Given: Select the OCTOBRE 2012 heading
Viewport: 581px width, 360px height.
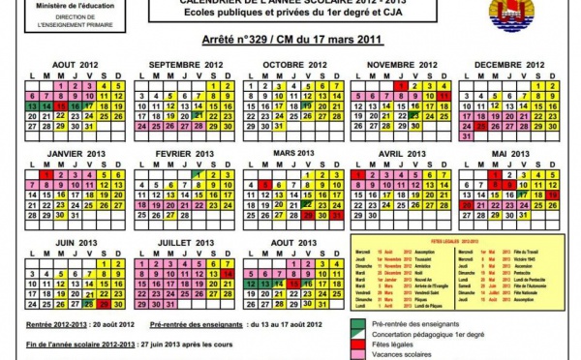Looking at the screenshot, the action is (x=297, y=65).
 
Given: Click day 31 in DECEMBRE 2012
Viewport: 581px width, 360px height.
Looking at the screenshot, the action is (x=468, y=136).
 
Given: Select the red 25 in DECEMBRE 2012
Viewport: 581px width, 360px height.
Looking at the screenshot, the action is (x=482, y=126).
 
